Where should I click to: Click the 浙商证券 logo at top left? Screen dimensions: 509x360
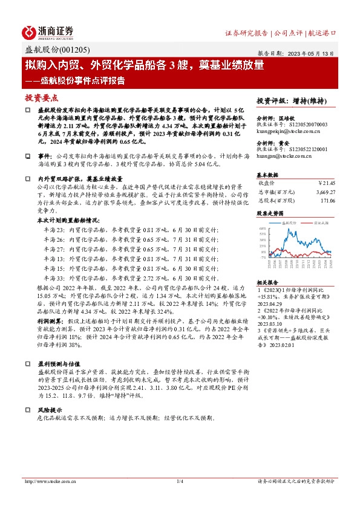point(48,32)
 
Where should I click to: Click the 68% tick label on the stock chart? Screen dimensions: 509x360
point(262,229)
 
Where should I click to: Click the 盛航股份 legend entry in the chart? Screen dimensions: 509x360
point(290,223)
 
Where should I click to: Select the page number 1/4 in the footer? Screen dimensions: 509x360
point(180,481)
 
